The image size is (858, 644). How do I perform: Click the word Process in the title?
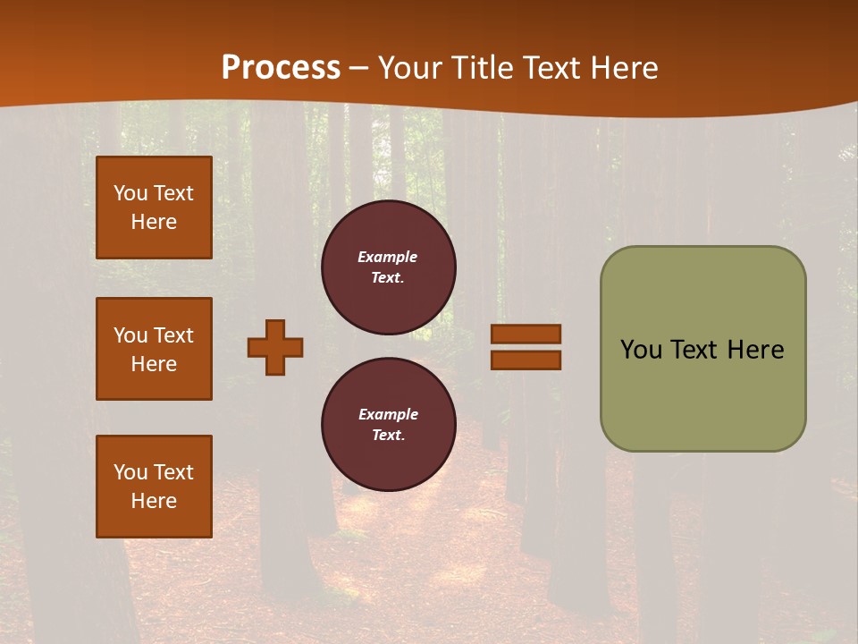click(x=281, y=68)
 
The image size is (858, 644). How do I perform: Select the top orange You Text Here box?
click(x=154, y=208)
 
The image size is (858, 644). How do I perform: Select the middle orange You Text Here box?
click(x=154, y=349)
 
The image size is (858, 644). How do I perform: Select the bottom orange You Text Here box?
click(x=154, y=487)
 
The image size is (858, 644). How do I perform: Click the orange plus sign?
click(x=275, y=347)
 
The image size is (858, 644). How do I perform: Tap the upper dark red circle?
click(x=389, y=267)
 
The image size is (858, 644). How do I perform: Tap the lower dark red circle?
click(x=389, y=425)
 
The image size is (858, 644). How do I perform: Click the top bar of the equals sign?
click(x=526, y=335)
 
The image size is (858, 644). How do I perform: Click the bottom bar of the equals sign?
click(x=526, y=360)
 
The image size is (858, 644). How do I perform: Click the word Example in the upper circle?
click(x=388, y=257)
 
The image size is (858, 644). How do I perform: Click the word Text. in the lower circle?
click(x=388, y=436)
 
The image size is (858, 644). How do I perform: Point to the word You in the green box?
click(x=640, y=350)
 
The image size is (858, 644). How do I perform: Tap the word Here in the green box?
click(x=754, y=350)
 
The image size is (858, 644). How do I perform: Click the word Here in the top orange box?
click(x=154, y=222)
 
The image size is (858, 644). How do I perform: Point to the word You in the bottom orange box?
click(x=130, y=472)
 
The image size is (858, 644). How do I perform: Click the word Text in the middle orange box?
click(x=173, y=335)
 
